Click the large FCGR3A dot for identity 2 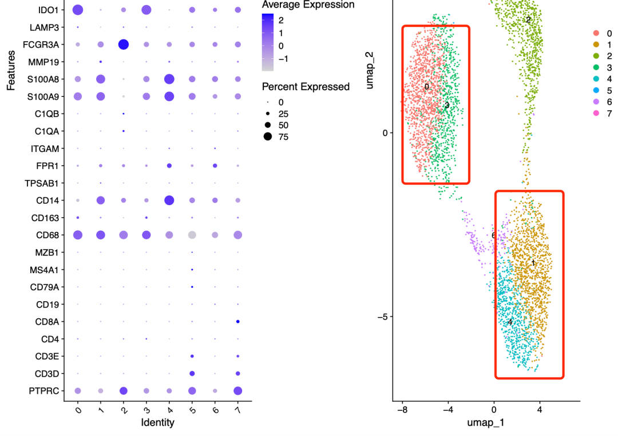click(x=123, y=44)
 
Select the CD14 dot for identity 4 click(x=169, y=200)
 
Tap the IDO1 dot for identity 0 click(x=78, y=10)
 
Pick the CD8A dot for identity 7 click(x=237, y=322)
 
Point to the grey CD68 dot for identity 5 click(x=192, y=235)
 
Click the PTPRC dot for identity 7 click(x=237, y=391)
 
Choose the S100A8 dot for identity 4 click(x=169, y=79)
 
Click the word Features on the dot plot click(x=11, y=69)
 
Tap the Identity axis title click(x=157, y=423)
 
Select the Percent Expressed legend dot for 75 click(x=267, y=137)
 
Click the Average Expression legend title click(x=308, y=5)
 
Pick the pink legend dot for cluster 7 click(x=596, y=113)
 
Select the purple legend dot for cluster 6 click(x=596, y=102)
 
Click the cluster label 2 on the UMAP click(x=528, y=20)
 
